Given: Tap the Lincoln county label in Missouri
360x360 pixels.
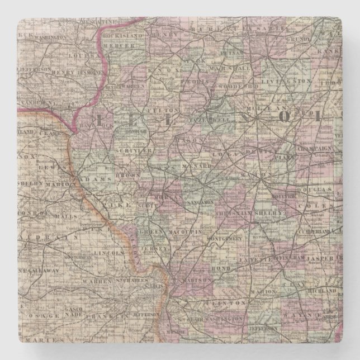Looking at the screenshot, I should (110, 253).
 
